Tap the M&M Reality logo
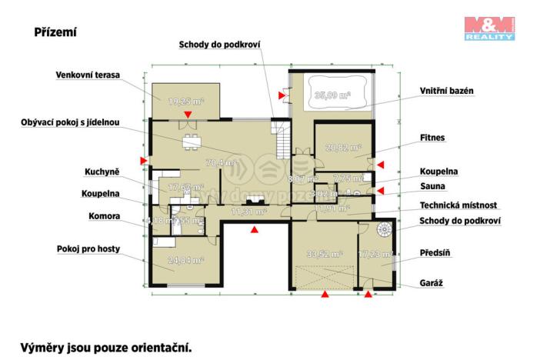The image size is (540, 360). click(488, 28)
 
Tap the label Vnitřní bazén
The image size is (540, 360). click(446, 91)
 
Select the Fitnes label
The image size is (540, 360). click(432, 138)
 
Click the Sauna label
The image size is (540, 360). click(431, 186)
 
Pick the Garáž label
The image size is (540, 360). click(431, 282)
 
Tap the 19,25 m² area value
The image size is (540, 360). click(185, 101)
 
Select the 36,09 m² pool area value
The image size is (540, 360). click(332, 95)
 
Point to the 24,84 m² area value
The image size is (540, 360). click(185, 261)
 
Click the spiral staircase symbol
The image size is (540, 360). click(383, 228)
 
